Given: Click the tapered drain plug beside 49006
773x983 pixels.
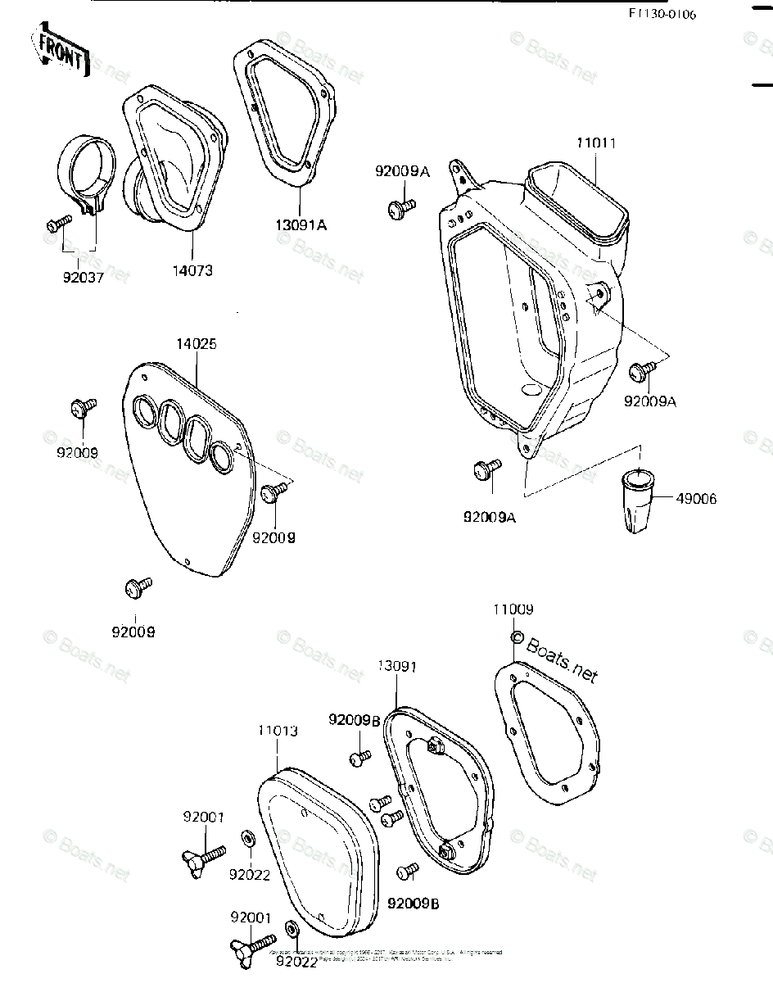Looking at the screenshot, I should coord(635,501).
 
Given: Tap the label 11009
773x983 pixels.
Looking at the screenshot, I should coord(513,609).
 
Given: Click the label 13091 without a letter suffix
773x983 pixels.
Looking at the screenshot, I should coord(396,667).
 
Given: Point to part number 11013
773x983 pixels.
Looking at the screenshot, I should coord(278,731).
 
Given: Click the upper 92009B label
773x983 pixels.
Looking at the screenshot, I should coord(354,720).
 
